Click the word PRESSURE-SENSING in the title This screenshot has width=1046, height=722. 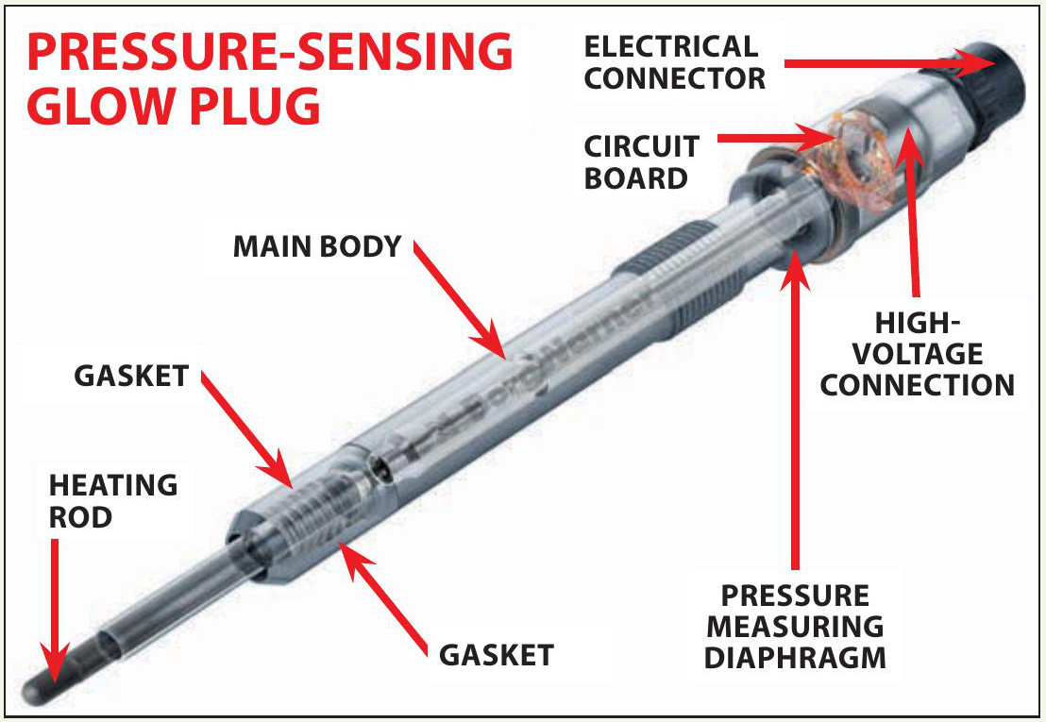click(269, 54)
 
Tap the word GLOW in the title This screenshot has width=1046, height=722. click(105, 108)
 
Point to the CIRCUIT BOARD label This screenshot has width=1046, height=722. click(641, 161)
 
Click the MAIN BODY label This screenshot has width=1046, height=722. click(317, 246)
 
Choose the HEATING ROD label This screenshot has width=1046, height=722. click(113, 500)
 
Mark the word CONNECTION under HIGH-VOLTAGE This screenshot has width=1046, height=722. click(917, 384)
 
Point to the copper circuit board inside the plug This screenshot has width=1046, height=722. click(853, 156)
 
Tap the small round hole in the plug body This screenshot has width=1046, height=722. click(380, 463)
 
